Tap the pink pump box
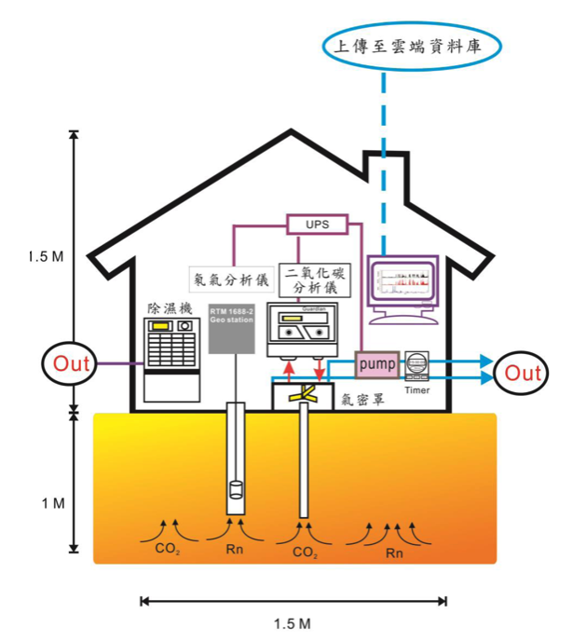click(x=376, y=361)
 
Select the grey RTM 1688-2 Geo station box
click(x=232, y=324)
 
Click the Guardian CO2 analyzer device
click(x=303, y=331)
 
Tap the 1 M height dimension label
click(x=52, y=503)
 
